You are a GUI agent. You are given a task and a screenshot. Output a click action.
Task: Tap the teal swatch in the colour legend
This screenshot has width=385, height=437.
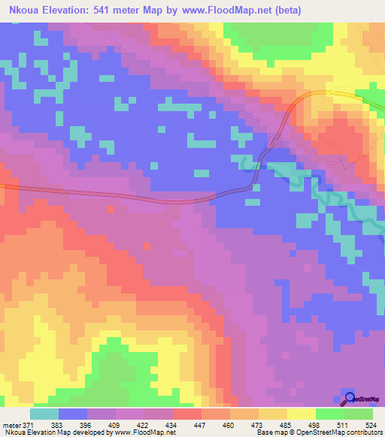(x=44, y=414)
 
